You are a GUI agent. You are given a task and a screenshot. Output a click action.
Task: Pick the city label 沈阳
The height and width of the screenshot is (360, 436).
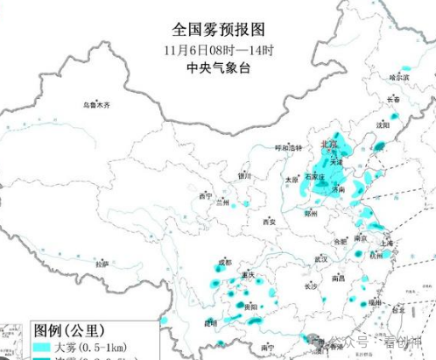click(383, 124)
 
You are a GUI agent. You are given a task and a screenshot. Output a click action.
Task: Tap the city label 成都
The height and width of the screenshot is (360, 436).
click(225, 262)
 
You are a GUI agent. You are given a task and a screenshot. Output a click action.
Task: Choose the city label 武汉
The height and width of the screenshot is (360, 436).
click(320, 258)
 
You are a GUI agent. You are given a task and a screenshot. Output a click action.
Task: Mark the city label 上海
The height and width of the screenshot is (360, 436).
click(386, 242)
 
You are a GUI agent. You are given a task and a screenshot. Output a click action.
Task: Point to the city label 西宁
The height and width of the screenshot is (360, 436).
click(206, 195)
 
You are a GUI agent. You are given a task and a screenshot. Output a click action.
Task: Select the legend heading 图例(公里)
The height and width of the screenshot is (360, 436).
click(70, 331)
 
